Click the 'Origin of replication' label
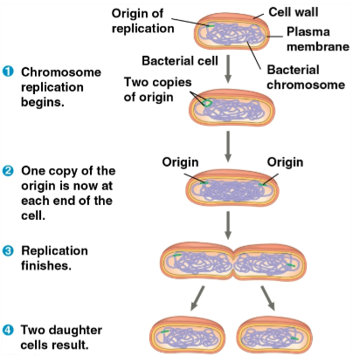[137, 21]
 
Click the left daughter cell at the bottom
[186, 336]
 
